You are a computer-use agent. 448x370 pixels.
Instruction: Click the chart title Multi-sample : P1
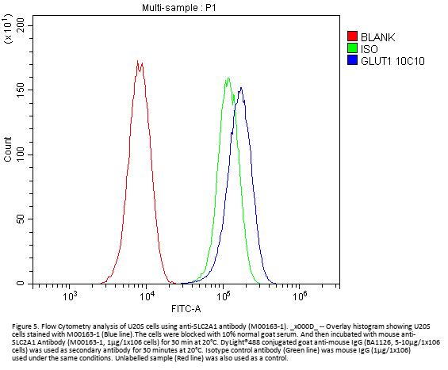point(179,8)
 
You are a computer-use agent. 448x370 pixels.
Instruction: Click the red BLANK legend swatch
point(352,36)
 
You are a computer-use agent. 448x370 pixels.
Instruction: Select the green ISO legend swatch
point(352,48)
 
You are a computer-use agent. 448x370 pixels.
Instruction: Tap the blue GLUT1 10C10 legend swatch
point(352,60)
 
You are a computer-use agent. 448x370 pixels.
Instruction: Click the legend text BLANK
point(377,37)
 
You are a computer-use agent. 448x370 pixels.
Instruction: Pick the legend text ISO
point(370,49)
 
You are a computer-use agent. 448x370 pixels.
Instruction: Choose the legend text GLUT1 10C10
point(392,61)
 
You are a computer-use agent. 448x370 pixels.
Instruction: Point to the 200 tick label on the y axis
point(21,25)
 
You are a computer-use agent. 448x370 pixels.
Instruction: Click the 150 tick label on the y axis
point(21,90)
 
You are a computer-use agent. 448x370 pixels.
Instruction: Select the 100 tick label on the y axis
point(21,154)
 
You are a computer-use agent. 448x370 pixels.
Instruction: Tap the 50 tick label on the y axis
point(21,219)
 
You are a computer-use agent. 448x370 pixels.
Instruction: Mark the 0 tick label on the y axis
point(21,284)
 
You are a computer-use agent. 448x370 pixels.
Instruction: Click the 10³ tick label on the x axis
point(69,296)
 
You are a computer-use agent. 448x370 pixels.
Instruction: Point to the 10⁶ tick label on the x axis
point(300,296)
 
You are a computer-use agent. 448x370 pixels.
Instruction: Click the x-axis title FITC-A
point(186,309)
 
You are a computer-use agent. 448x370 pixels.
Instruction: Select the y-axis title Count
point(8,149)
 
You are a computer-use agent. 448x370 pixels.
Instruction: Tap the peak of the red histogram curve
point(137,60)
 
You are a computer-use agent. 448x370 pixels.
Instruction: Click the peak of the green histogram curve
point(228,78)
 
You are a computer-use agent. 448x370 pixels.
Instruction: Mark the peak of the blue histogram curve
point(241,87)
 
